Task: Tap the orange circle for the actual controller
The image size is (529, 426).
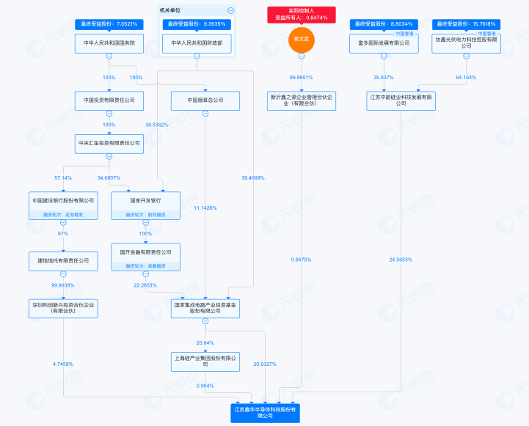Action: point(301,40)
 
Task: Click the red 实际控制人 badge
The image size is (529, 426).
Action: point(301,14)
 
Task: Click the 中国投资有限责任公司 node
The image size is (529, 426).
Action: point(109,100)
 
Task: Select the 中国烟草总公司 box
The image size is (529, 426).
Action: point(205,100)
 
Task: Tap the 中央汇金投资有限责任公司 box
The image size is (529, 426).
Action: point(109,143)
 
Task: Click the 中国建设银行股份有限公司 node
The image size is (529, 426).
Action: point(64,200)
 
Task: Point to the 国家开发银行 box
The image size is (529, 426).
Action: point(145,200)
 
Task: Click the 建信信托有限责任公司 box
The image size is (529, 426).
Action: point(64,260)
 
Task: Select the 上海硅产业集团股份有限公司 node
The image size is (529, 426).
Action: point(205,361)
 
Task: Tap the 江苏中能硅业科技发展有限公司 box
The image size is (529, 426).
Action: point(401,100)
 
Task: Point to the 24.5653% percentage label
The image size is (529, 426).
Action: point(401,260)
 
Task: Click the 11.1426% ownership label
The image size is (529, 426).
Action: point(205,208)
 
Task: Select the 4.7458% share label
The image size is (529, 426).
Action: point(64,364)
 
